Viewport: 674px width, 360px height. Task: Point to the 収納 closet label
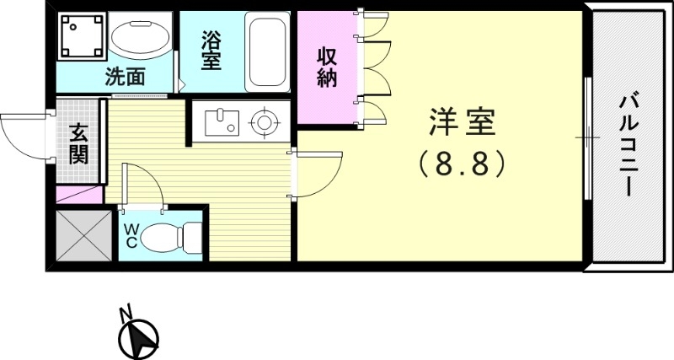[x=327, y=67]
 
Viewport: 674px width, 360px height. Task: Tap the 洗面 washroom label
[x=125, y=77]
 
